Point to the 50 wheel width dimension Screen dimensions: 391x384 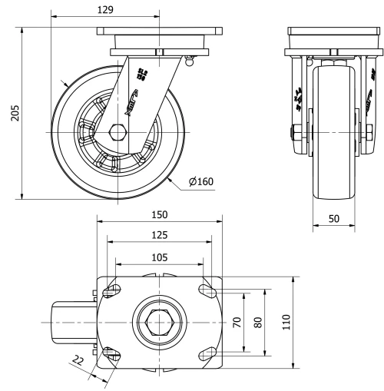[x=335, y=218]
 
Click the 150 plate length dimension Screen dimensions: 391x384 [x=159, y=214]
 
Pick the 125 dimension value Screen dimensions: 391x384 [x=159, y=234]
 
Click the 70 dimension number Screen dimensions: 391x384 [x=237, y=322]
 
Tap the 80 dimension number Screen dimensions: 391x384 [x=258, y=322]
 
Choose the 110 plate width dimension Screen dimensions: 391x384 [x=286, y=322]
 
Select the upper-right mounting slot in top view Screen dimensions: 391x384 [x=207, y=290]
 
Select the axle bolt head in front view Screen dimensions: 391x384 [x=295, y=133]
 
